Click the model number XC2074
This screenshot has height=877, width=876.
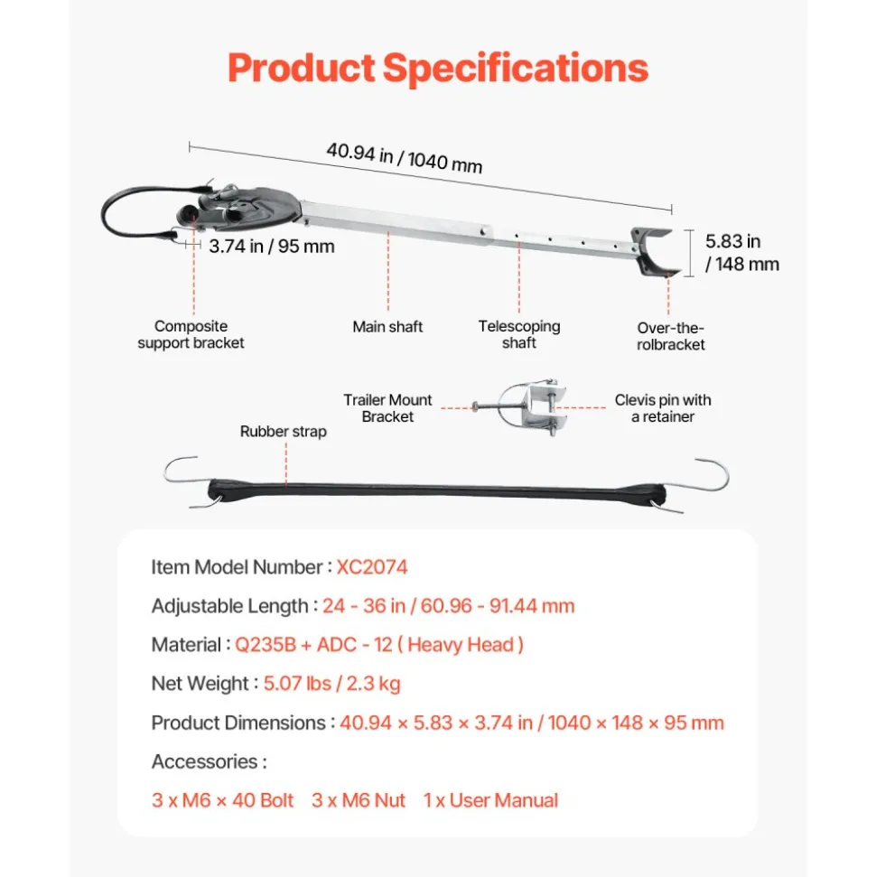click(x=372, y=567)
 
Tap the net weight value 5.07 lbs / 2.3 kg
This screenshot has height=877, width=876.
click(x=331, y=684)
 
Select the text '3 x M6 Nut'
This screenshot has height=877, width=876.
click(x=359, y=800)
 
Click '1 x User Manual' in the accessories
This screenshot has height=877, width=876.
click(x=490, y=800)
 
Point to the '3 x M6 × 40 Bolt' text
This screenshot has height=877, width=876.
click(x=222, y=800)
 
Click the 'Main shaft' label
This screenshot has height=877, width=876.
click(x=387, y=327)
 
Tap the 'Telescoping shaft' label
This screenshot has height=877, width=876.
click(x=519, y=334)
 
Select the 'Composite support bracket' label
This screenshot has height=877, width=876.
click(x=191, y=334)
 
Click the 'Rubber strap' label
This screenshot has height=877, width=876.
click(x=283, y=431)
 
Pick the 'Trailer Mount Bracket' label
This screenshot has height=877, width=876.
click(x=387, y=407)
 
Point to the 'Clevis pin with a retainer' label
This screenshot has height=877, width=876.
click(x=663, y=407)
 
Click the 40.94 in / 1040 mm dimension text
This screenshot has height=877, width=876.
click(x=405, y=158)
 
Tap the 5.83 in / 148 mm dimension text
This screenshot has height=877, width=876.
click(x=741, y=252)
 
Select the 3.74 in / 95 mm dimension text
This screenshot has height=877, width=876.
click(x=272, y=246)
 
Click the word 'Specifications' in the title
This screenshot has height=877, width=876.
click(x=515, y=69)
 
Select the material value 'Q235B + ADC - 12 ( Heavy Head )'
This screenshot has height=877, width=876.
click(x=379, y=645)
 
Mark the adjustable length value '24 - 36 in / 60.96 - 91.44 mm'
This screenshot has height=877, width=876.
click(x=448, y=606)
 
